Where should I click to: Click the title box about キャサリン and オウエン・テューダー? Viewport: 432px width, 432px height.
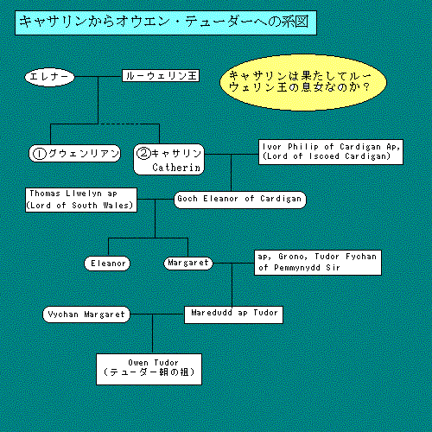pos(166,23)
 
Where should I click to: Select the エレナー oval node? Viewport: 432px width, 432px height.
pos(49,77)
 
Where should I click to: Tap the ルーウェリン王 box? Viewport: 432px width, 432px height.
pos(161,76)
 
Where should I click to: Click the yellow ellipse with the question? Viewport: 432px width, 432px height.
pos(303,82)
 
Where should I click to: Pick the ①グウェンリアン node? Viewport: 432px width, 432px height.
pos(74,153)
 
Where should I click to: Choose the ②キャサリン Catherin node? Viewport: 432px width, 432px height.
pos(169,159)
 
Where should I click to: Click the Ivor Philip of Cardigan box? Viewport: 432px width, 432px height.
pos(331,152)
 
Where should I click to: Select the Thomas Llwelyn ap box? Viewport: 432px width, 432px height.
pos(81,200)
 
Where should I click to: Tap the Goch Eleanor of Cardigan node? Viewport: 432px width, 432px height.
pos(240,200)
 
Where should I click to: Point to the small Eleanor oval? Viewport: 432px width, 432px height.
pos(107,264)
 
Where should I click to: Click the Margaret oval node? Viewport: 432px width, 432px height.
pos(188,263)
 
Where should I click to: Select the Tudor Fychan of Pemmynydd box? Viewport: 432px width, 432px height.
pos(318,263)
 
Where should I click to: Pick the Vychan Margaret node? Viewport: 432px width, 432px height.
pos(86,314)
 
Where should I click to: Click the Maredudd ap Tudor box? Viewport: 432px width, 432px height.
pos(233,314)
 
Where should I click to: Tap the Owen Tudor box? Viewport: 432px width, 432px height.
pos(149,369)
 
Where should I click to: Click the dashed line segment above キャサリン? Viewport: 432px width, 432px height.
pos(129,124)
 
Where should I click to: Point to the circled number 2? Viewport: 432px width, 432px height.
pos(143,153)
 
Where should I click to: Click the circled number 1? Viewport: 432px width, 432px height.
pos(40,154)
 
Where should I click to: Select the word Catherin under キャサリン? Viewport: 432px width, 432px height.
pos(176,168)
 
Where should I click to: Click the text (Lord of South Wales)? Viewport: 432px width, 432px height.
pos(79,206)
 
